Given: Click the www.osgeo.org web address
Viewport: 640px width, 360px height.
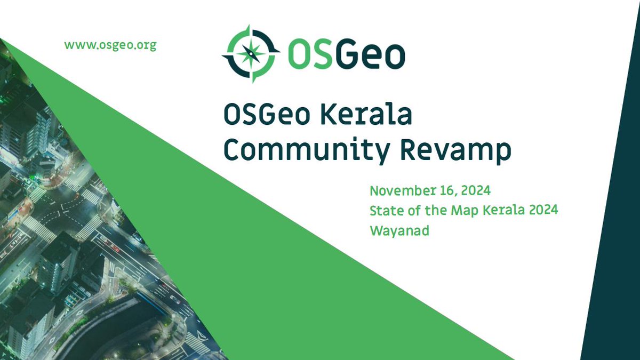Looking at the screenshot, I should click(x=110, y=45).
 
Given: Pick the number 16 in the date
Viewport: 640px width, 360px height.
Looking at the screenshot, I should click(x=442, y=190).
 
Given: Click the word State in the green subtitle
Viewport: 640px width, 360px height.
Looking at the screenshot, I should click(x=384, y=211).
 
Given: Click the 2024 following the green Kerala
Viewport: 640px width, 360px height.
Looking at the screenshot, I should click(x=543, y=210).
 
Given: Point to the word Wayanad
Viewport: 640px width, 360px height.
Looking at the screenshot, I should click(x=399, y=231).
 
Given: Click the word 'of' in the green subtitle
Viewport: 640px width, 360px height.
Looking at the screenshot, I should click(x=412, y=211).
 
